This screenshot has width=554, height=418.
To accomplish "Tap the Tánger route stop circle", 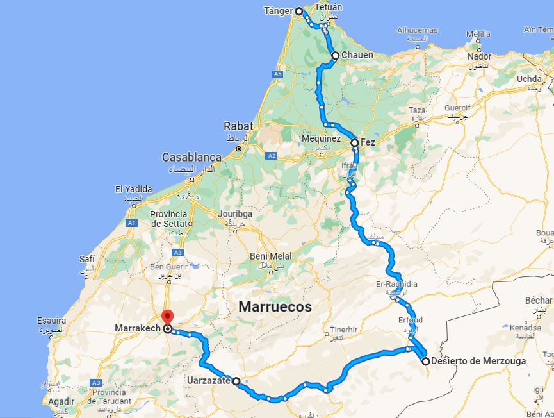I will (298, 12).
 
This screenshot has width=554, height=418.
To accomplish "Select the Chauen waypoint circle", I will (335, 56).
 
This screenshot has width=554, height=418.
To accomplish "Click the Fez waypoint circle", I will (355, 142).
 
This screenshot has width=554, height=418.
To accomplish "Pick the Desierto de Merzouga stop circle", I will (425, 362).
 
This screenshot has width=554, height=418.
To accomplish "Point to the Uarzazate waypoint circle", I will (236, 381).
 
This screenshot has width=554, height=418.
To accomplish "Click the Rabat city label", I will (238, 126).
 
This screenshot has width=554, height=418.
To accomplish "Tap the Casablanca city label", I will (191, 157).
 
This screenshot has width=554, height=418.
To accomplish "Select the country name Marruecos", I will (275, 307).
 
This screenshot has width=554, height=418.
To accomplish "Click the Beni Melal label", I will (270, 256).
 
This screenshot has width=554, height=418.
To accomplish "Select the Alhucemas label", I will (417, 30).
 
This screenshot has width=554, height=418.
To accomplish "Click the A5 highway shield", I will (278, 74).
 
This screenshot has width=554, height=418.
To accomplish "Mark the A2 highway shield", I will (272, 156).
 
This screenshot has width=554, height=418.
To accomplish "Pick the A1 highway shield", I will (132, 222).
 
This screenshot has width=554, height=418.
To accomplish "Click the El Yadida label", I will (133, 189).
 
